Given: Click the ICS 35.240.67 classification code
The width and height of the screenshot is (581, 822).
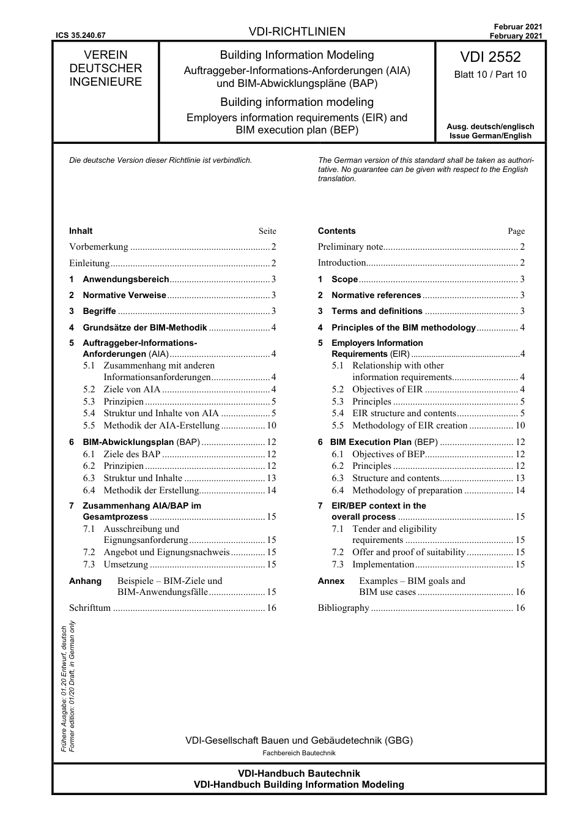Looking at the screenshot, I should pyautogui.click(x=80, y=35).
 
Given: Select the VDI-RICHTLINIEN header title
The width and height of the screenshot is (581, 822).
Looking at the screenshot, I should pyautogui.click(x=297, y=32).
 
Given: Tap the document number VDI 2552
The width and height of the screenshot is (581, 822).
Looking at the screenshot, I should pyautogui.click(x=490, y=57).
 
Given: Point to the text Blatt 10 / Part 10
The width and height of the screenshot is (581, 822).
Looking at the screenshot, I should pyautogui.click(x=490, y=75).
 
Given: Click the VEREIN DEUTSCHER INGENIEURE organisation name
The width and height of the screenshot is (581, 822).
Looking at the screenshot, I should pyautogui.click(x=105, y=69).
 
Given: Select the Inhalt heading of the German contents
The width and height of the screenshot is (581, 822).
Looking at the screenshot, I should pyautogui.click(x=81, y=231).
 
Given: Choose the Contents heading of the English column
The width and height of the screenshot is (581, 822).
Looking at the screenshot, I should pyautogui.click(x=336, y=231).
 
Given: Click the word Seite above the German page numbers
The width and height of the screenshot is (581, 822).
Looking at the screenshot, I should pyautogui.click(x=267, y=231).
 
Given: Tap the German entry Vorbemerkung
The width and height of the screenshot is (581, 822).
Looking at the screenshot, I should pyautogui.click(x=98, y=247).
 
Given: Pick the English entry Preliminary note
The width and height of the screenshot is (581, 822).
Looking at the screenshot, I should pyautogui.click(x=350, y=247).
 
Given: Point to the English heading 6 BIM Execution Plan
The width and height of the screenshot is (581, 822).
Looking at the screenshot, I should pyautogui.click(x=383, y=442).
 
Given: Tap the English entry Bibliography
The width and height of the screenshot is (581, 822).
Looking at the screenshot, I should pyautogui.click(x=343, y=608).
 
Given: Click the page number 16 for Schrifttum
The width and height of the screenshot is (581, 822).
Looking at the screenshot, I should pyautogui.click(x=271, y=608).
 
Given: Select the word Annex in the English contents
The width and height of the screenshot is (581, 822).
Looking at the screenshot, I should pyautogui.click(x=331, y=581).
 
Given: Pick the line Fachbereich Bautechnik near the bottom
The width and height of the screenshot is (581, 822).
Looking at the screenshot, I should pyautogui.click(x=299, y=753).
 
